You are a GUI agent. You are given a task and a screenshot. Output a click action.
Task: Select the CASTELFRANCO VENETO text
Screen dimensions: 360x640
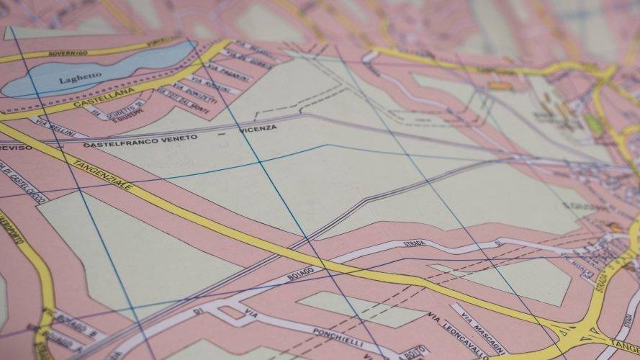pyautogui.click(x=140, y=140)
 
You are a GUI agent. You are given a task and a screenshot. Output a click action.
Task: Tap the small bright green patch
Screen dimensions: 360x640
pyautogui.click(x=592, y=123)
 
